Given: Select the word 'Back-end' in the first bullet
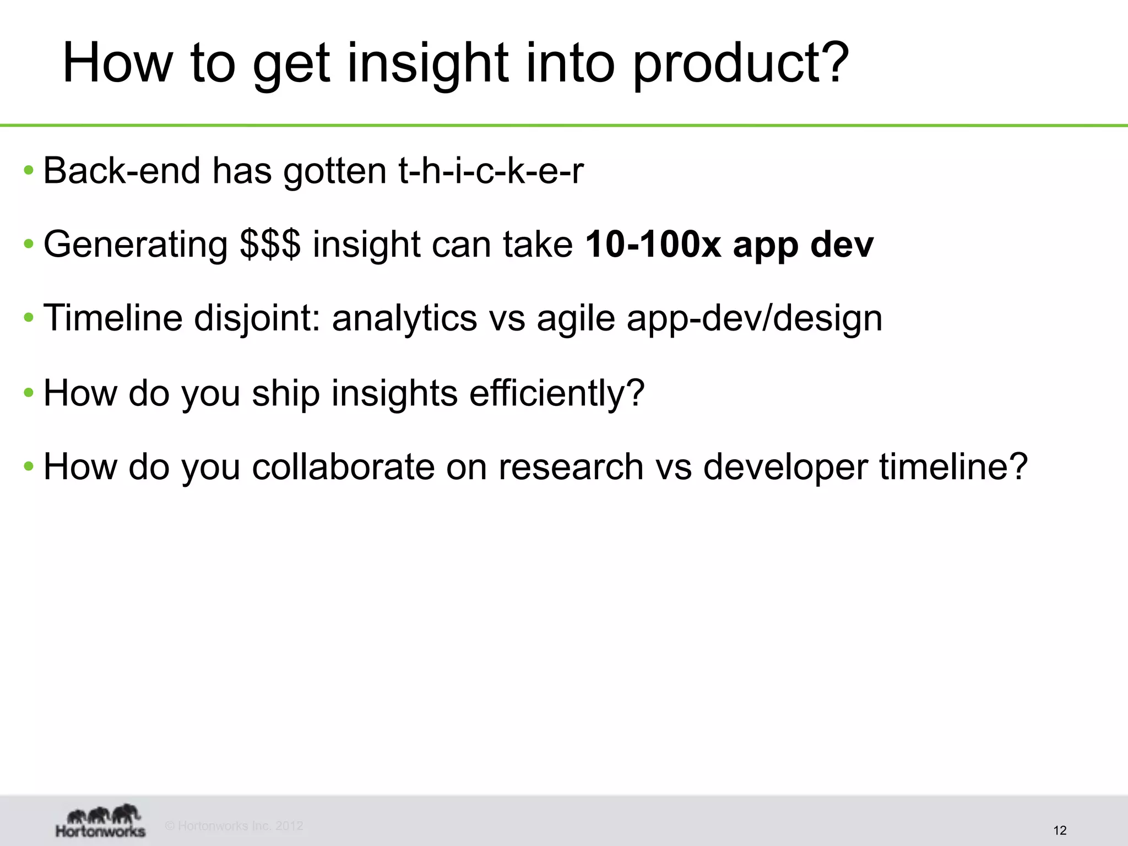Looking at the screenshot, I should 121,171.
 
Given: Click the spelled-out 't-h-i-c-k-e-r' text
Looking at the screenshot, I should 490,171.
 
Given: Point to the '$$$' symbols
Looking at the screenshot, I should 270,245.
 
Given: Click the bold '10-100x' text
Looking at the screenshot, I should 653,245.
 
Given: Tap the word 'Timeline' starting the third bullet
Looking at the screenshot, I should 112,318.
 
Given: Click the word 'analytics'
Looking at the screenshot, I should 404,318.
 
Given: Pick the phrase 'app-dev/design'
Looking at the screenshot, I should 754,318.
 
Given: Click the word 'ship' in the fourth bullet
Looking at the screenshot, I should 286,393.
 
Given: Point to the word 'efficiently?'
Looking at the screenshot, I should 556,393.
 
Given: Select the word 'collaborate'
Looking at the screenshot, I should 343,467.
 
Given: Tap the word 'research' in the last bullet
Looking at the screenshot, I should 571,467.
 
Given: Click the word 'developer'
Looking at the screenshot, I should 785,467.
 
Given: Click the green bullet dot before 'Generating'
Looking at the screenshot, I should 29,244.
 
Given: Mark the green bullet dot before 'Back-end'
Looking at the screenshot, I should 29,170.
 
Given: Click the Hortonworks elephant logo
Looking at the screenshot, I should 101,821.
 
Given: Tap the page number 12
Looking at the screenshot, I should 1059,831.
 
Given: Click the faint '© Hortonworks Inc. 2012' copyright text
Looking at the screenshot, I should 234,826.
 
